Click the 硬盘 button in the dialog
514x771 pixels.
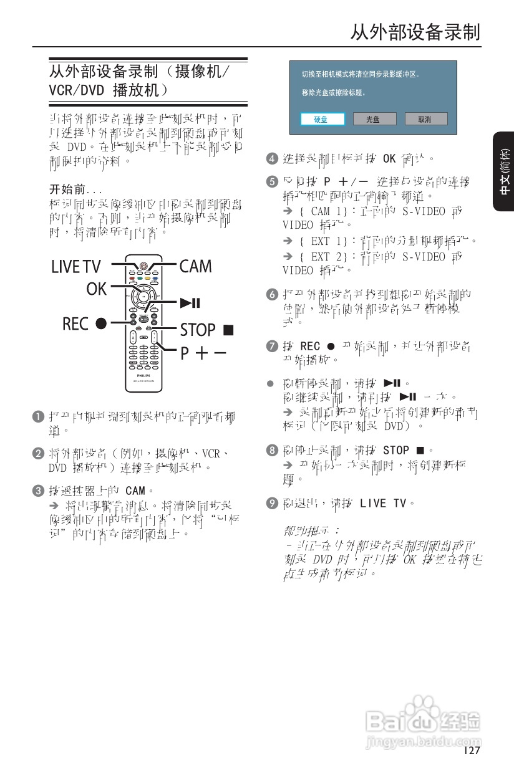(x=321, y=119)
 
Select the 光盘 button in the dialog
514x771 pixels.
(x=373, y=119)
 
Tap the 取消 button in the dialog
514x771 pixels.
(x=425, y=119)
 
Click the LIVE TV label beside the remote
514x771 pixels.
(x=75, y=267)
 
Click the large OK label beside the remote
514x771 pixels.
(x=97, y=289)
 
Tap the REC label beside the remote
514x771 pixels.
(x=75, y=324)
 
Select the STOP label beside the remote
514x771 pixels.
(x=198, y=329)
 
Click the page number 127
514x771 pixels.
(x=472, y=750)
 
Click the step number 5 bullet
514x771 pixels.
(x=271, y=182)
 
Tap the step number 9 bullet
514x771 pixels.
(x=271, y=503)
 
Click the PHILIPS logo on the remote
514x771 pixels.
(x=143, y=376)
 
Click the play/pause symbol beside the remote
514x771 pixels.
(x=190, y=304)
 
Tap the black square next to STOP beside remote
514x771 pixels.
(x=228, y=329)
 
